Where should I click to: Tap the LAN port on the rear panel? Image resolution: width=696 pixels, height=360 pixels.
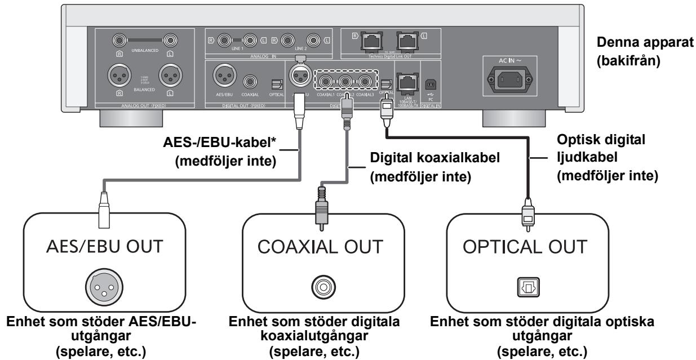click(x=406, y=83)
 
